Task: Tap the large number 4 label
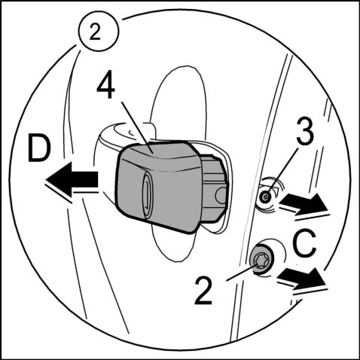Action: click(x=106, y=86)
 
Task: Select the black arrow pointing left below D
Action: click(x=72, y=179)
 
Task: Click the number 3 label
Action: click(x=305, y=131)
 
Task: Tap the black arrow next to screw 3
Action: click(x=304, y=203)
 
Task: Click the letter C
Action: click(x=304, y=243)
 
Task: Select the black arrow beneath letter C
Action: click(x=301, y=278)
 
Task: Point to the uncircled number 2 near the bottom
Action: click(x=203, y=291)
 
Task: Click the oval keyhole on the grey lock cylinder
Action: click(x=147, y=194)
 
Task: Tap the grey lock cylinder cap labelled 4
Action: click(x=156, y=186)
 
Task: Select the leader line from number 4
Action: click(x=137, y=127)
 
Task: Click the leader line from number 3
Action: click(x=282, y=172)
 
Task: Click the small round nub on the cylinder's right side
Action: click(x=221, y=195)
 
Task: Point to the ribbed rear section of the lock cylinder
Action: click(x=213, y=188)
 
